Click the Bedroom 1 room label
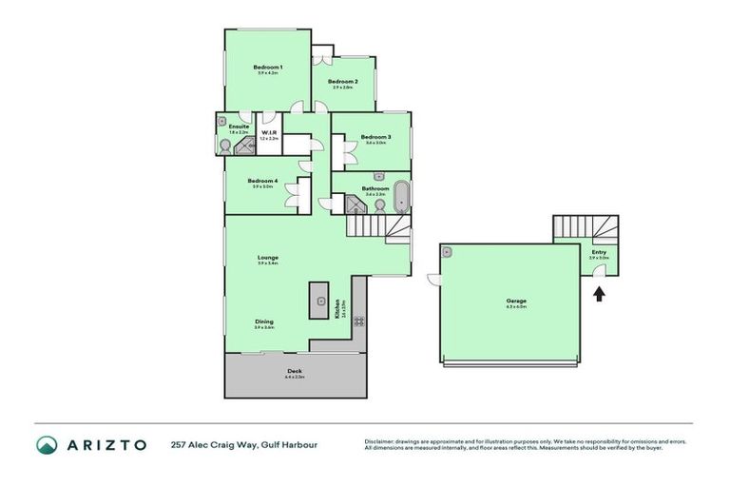(267, 67)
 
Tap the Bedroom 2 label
(342, 82)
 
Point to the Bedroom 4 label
(262, 181)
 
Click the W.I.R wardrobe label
(269, 132)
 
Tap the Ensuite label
(239, 127)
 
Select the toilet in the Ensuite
(225, 146)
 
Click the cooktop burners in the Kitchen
(359, 321)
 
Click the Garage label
(516, 302)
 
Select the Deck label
(295, 371)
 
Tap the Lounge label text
(267, 257)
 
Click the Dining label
(264, 321)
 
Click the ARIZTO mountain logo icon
(47, 444)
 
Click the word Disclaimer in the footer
(380, 441)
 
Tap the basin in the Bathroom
(379, 177)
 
